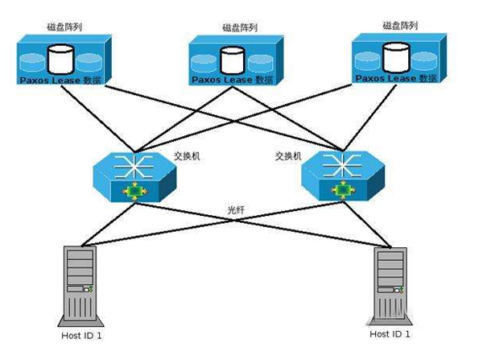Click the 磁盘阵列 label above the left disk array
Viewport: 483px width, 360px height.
64,27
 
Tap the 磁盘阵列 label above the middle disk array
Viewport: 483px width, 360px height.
240,27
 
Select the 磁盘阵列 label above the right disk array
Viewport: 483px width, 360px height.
400,25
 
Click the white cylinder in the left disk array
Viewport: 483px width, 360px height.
60,59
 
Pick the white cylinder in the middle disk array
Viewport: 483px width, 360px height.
233,60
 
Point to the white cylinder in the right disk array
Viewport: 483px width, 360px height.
396,57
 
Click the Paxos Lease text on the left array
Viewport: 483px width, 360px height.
50,81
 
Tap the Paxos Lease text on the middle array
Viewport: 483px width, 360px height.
222,80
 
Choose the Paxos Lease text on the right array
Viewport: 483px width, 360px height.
386,78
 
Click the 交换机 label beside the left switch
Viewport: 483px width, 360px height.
187,156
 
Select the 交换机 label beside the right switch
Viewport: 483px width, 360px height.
288,156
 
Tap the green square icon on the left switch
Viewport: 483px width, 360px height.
134,191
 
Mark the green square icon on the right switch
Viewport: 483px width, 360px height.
343,190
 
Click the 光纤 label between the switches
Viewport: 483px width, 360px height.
236,210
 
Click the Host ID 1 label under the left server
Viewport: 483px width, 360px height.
81,336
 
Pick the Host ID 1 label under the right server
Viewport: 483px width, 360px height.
390,334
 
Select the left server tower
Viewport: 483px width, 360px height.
80,286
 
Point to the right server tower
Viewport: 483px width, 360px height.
390,287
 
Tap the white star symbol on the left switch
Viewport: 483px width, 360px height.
134,167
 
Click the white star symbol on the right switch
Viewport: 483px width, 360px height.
342,166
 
